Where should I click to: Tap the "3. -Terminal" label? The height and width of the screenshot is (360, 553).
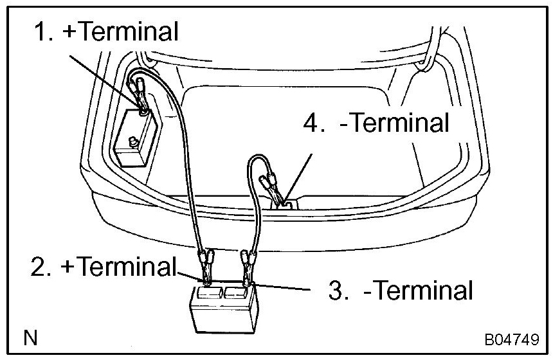point(401,290)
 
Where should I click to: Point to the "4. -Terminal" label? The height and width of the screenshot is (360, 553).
point(376,122)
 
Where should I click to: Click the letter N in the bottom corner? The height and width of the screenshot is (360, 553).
point(29,337)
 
